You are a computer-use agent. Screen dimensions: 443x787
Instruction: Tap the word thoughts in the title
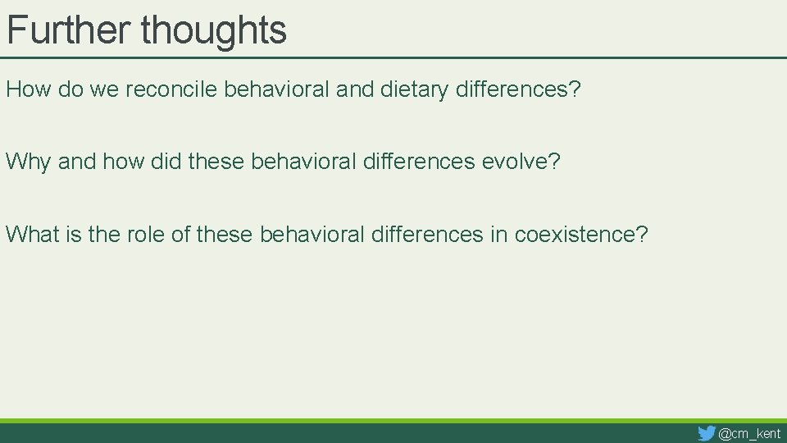pyautogui.click(x=213, y=30)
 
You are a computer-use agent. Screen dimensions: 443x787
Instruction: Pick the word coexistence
pyautogui.click(x=580, y=235)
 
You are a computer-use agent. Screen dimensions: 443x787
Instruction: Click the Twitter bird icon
pyautogui.click(x=706, y=433)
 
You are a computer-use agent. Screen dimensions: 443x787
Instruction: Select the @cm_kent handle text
pyautogui.click(x=749, y=433)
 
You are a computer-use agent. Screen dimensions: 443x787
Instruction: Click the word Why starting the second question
pyautogui.click(x=28, y=162)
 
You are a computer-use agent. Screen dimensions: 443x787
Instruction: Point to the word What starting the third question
pyautogui.click(x=33, y=235)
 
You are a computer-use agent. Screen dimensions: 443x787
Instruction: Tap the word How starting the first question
pyautogui.click(x=29, y=89)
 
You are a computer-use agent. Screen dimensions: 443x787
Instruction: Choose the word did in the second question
pyautogui.click(x=166, y=162)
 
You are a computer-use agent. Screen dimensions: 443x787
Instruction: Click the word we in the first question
pyautogui.click(x=103, y=89)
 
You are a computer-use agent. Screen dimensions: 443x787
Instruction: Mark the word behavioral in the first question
pyautogui.click(x=278, y=89)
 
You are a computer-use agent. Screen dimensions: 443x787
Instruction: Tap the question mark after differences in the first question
pyautogui.click(x=575, y=89)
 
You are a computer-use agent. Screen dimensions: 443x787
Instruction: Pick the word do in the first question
pyautogui.click(x=71, y=89)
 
